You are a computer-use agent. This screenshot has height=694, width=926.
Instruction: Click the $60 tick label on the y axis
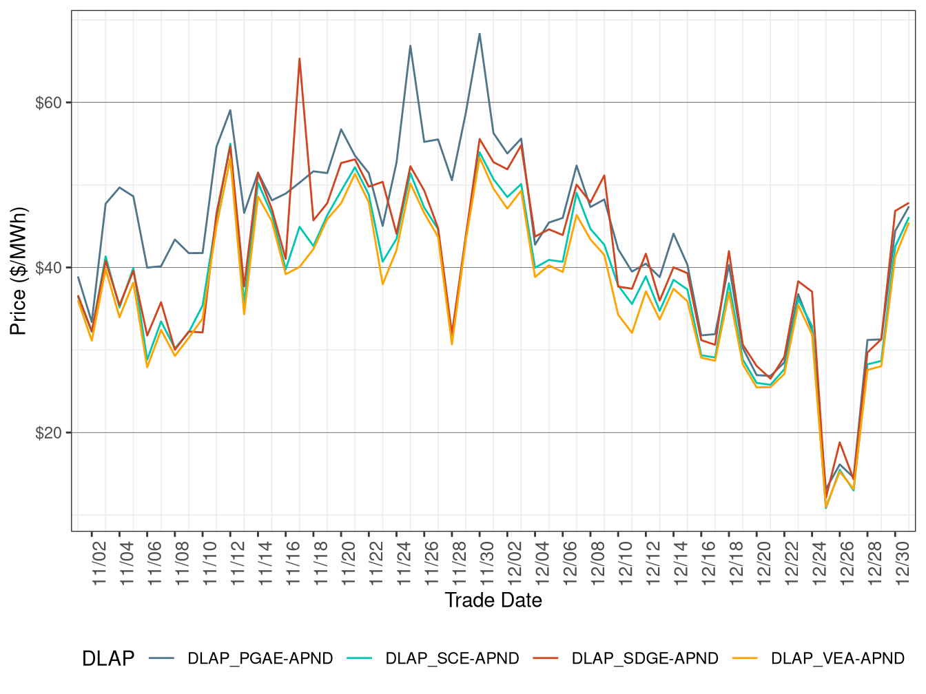tap(48, 103)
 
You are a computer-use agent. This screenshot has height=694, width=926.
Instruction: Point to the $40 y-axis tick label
tap(48, 268)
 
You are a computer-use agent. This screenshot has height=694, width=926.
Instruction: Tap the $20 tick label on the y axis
tap(48, 433)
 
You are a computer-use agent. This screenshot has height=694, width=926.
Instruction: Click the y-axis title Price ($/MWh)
tap(19, 271)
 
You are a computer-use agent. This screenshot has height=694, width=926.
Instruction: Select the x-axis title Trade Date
tap(493, 600)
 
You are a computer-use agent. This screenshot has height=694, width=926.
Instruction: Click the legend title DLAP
tap(107, 659)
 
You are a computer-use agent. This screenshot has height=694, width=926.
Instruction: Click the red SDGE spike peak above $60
tap(299, 59)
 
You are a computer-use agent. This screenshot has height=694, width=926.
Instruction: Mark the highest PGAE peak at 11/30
tap(480, 33)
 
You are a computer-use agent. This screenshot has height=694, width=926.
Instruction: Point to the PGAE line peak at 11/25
tap(411, 45)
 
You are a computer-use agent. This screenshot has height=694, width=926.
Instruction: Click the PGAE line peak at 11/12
tap(230, 109)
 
